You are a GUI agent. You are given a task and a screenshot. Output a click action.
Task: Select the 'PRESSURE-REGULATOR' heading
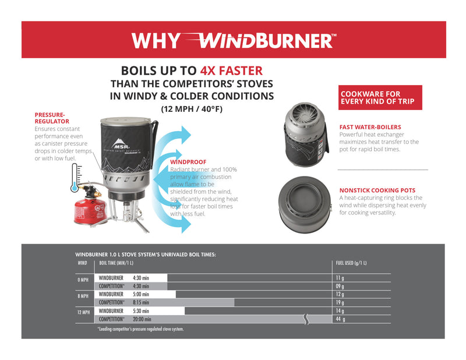pos(52,118)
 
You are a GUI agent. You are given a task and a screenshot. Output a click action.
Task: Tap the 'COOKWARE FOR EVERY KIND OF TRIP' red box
pos(380,97)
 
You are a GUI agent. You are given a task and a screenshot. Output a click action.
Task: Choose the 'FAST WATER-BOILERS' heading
pos(370,126)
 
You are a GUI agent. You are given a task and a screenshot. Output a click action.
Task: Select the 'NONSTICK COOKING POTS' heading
pos(377,190)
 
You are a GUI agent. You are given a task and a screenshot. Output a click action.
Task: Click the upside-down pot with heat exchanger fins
pos(305,133)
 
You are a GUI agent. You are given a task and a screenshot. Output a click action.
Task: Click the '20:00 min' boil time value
pos(142,319)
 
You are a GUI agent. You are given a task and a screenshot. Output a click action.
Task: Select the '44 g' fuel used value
pos(341,319)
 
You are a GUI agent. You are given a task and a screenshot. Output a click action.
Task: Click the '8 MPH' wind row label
pos(83,296)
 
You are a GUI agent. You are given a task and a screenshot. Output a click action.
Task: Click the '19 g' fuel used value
pos(340,302)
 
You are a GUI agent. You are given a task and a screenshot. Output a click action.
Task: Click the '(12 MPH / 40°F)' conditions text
pos(192,108)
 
